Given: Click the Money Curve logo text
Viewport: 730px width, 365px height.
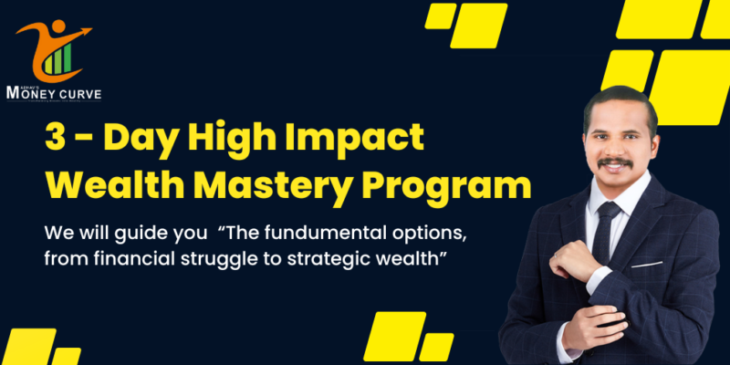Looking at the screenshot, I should pos(53,92).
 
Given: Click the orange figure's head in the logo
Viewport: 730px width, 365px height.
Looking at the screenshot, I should pos(57,28).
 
